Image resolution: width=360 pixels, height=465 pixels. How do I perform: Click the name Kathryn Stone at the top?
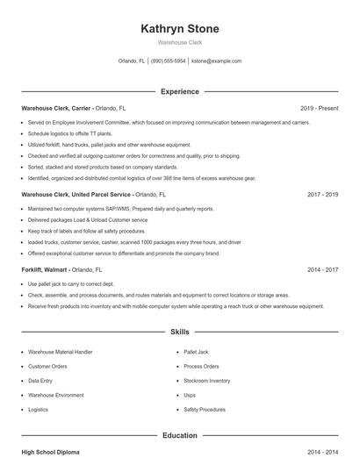(x=179, y=29)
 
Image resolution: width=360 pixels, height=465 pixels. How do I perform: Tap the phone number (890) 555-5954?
(x=168, y=61)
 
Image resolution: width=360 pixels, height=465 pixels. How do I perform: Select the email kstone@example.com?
(x=216, y=61)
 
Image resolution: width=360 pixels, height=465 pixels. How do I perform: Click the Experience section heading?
(x=179, y=91)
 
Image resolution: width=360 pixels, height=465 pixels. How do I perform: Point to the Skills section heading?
(x=179, y=333)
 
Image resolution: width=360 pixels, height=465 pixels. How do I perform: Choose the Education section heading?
(x=179, y=435)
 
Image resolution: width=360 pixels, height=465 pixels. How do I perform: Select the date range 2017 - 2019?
(x=322, y=195)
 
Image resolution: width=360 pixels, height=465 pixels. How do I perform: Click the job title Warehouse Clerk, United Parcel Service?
(x=76, y=195)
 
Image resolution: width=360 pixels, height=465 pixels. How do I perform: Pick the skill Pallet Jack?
(x=196, y=352)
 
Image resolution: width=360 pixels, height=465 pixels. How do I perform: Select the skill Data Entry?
(x=40, y=381)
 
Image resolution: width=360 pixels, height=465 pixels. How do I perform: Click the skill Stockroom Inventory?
(x=207, y=381)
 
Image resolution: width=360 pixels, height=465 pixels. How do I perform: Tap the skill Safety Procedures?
(x=205, y=410)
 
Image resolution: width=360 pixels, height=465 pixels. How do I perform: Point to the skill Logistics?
(x=38, y=410)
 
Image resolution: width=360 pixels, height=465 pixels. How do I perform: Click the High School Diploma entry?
(x=50, y=452)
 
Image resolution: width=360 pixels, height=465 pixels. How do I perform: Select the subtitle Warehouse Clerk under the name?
(x=179, y=43)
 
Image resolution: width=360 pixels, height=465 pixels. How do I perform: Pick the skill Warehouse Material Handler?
(x=60, y=352)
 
